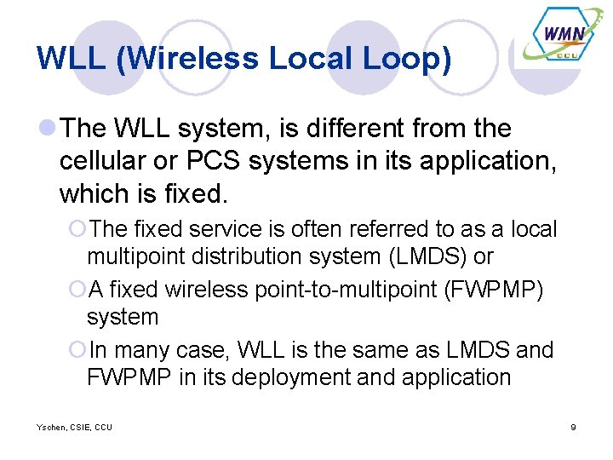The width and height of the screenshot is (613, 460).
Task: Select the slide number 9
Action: (573, 427)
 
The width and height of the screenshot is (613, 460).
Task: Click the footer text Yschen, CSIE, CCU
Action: (74, 427)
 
